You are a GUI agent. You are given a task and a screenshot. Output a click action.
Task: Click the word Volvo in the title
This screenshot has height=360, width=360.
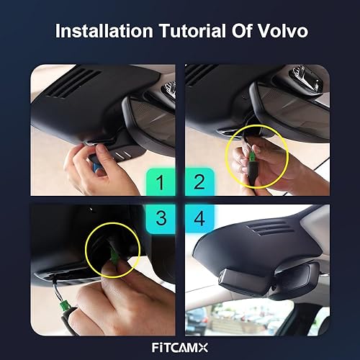(278, 32)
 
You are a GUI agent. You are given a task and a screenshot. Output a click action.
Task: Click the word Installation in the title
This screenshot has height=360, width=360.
(103, 32)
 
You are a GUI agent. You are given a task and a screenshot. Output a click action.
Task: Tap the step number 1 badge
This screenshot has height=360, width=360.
(161, 182)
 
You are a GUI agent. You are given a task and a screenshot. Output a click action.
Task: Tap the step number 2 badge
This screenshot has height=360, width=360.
(199, 182)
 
